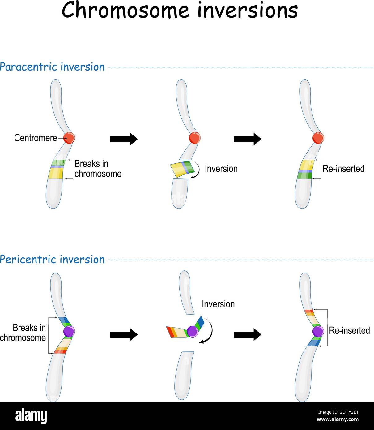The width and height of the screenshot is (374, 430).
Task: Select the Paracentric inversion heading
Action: coord(52,67)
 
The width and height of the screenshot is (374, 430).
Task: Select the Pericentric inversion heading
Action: coord(52,259)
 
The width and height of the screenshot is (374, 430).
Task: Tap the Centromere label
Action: coord(36,138)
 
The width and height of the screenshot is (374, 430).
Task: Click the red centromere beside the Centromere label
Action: coord(69,138)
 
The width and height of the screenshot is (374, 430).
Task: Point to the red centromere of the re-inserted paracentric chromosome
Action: coord(318,138)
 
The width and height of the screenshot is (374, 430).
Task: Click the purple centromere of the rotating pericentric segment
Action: coord(193,331)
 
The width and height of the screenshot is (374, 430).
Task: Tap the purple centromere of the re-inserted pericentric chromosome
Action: coord(318,331)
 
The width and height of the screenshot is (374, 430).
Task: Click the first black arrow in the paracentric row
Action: coord(124,139)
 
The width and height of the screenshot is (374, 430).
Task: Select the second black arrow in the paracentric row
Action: coord(247,139)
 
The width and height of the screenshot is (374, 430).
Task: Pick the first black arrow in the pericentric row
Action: coord(124,334)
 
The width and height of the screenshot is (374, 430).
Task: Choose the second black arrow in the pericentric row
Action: coord(247,334)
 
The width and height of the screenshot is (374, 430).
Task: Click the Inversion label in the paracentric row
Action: coord(221,169)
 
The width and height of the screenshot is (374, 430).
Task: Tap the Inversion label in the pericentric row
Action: coord(218,304)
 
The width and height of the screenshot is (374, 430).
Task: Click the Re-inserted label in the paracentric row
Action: coord(343,169)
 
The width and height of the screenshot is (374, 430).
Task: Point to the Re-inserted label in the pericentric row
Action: coord(349,330)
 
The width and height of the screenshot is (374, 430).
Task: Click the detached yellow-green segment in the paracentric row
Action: coord(182,169)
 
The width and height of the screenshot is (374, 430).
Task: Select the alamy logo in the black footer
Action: coord(31,416)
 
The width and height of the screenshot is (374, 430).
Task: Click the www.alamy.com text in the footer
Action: coord(338,419)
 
